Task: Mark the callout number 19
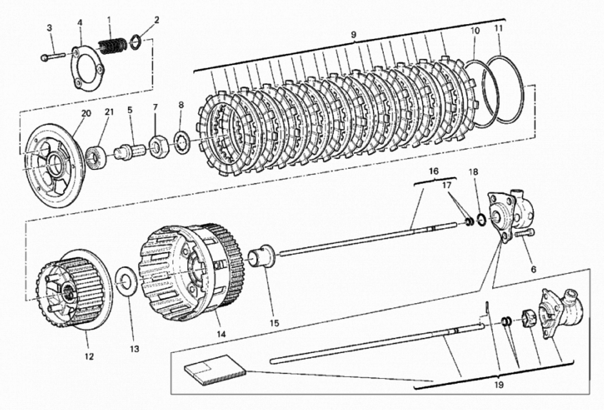coord(499,385)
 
